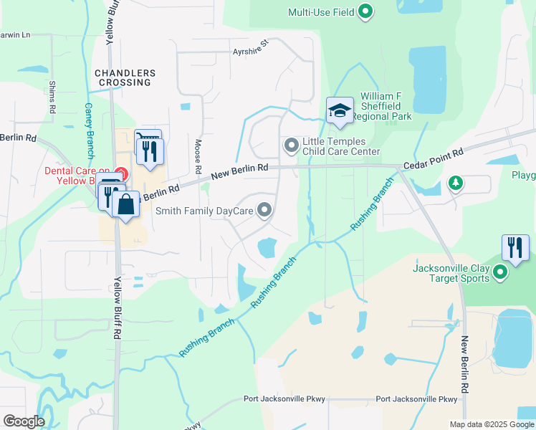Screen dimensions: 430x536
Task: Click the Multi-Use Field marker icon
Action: pyautogui.click(x=366, y=11)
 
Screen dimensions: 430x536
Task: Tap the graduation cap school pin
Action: pyautogui.click(x=340, y=111)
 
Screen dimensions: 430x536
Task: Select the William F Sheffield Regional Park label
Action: pyautogui.click(x=386, y=106)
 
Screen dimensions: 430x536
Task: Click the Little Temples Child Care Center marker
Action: pyautogui.click(x=292, y=146)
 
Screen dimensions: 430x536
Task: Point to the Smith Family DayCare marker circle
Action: pyautogui.click(x=265, y=210)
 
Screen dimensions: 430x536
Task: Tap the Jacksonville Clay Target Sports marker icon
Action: pyautogui.click(x=500, y=273)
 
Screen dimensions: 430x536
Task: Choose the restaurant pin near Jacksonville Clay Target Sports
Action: pyautogui.click(x=515, y=247)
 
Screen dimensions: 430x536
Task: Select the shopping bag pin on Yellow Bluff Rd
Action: pyautogui.click(x=126, y=204)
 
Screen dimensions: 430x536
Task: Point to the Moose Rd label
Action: pyautogui.click(x=197, y=157)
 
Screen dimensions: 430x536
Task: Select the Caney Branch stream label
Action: pyautogui.click(x=90, y=129)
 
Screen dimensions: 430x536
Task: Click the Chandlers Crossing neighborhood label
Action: pyautogui.click(x=124, y=77)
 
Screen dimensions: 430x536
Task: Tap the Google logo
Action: pyautogui.click(x=23, y=421)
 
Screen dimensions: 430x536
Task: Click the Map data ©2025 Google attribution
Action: pyautogui.click(x=491, y=424)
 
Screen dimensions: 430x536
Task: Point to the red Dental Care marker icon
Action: pyautogui.click(x=121, y=174)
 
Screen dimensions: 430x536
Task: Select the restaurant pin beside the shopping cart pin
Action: pyautogui.click(x=150, y=151)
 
